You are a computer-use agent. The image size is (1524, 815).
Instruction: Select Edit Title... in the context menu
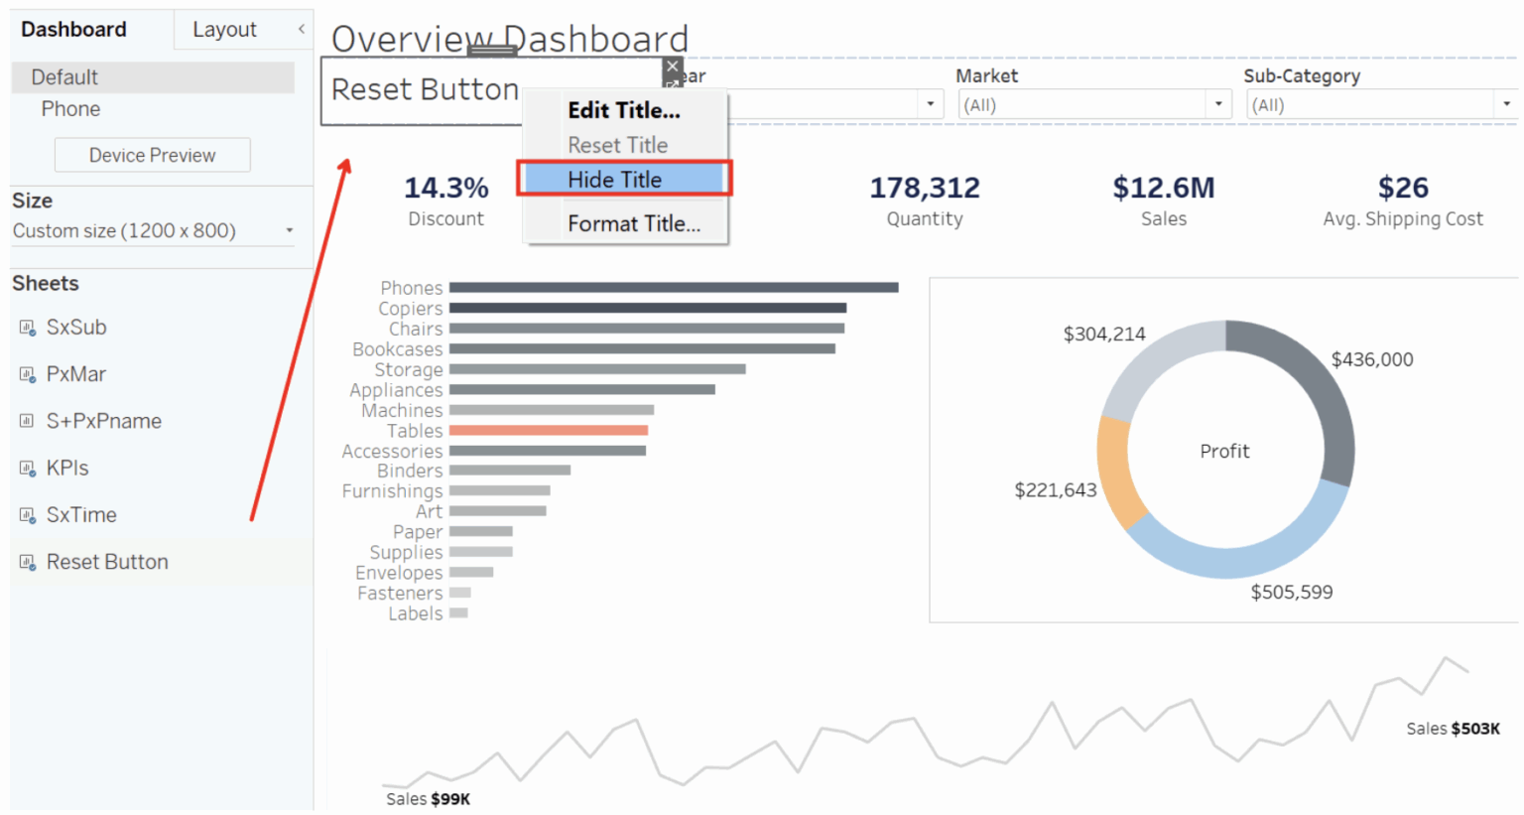click(x=623, y=110)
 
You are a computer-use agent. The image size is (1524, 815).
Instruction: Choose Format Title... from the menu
click(x=633, y=224)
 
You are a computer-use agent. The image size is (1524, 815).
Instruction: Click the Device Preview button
click(x=152, y=155)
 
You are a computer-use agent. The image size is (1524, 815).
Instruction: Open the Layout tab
click(x=224, y=30)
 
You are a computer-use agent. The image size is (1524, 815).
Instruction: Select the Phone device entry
click(x=70, y=109)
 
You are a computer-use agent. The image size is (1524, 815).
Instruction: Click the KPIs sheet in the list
click(x=67, y=468)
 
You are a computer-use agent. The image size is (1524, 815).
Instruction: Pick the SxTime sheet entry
click(x=81, y=514)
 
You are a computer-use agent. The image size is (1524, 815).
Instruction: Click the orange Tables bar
click(x=548, y=431)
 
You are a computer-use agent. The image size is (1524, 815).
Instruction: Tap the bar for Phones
click(x=673, y=288)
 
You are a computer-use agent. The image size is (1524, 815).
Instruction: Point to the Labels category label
click(x=415, y=613)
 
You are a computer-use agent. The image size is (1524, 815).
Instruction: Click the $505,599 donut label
click(x=1291, y=593)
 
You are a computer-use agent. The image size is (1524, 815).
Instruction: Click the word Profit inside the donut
click(x=1224, y=452)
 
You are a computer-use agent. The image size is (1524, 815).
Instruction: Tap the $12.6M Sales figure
click(x=1163, y=188)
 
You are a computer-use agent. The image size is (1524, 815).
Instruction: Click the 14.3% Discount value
click(x=445, y=188)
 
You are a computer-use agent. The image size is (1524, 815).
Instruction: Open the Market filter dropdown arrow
click(x=1218, y=104)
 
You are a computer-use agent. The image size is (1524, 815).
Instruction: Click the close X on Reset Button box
click(x=673, y=67)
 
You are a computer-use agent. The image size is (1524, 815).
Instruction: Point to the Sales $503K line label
click(x=1453, y=729)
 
